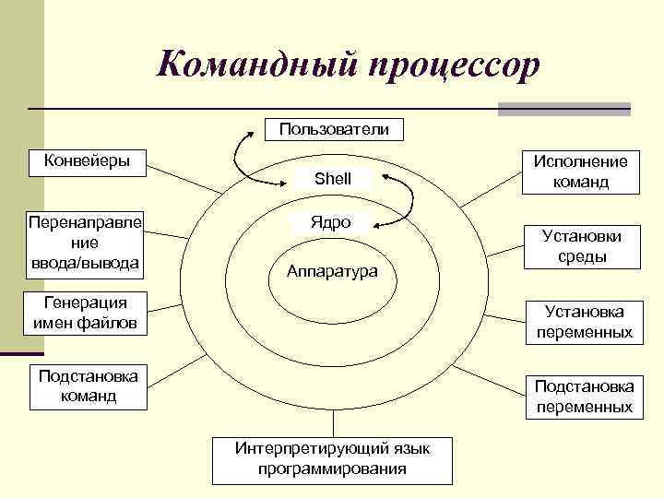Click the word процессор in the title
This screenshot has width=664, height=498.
click(x=452, y=65)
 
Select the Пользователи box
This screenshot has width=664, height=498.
click(x=333, y=130)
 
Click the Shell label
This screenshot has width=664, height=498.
click(x=332, y=178)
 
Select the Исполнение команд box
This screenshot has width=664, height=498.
click(x=581, y=172)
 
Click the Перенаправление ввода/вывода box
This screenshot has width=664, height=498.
click(x=85, y=244)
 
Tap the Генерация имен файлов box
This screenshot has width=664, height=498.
click(x=85, y=314)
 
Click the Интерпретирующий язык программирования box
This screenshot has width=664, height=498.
click(x=333, y=459)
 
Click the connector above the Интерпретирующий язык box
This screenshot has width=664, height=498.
click(x=333, y=421)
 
